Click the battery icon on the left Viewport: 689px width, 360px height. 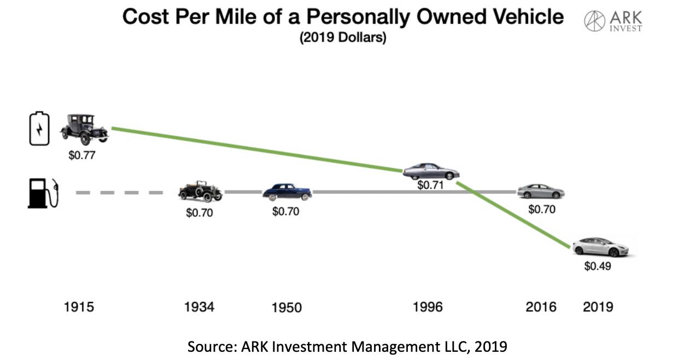click(x=39, y=129)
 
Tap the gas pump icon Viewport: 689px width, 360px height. click(x=42, y=193)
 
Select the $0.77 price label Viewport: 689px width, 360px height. click(x=82, y=155)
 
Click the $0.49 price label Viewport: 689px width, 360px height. click(x=598, y=267)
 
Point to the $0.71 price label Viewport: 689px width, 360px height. click(x=431, y=185)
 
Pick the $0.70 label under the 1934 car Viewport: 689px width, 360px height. click(x=200, y=213)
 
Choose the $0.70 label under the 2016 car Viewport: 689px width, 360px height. click(x=542, y=209)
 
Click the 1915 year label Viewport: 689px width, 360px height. click(x=79, y=307)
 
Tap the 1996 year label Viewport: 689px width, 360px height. click(x=428, y=307)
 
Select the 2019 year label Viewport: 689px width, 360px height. click(x=598, y=307)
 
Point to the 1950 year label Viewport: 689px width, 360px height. click(x=286, y=307)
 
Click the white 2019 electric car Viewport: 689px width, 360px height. click(x=600, y=247)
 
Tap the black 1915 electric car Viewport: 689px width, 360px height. click(x=84, y=129)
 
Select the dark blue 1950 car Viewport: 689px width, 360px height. click(x=287, y=191)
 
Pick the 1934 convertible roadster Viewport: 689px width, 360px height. click(x=200, y=191)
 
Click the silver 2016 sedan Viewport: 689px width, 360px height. click(x=541, y=191)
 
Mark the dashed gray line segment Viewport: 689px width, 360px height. click(x=119, y=193)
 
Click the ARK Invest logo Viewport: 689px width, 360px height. click(x=613, y=21)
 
